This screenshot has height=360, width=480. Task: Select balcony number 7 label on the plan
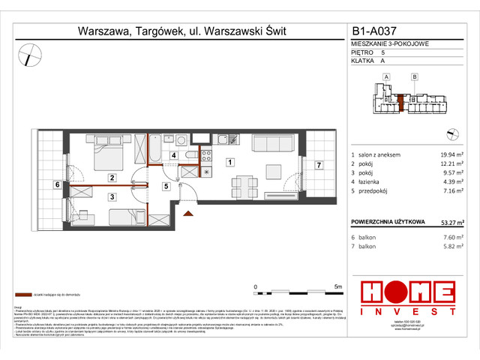[x=318, y=165]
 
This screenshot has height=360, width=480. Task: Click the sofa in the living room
[x=273, y=144]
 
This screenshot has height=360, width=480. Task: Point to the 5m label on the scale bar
[x=337, y=286]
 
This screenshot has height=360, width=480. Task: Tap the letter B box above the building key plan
[x=414, y=76]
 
